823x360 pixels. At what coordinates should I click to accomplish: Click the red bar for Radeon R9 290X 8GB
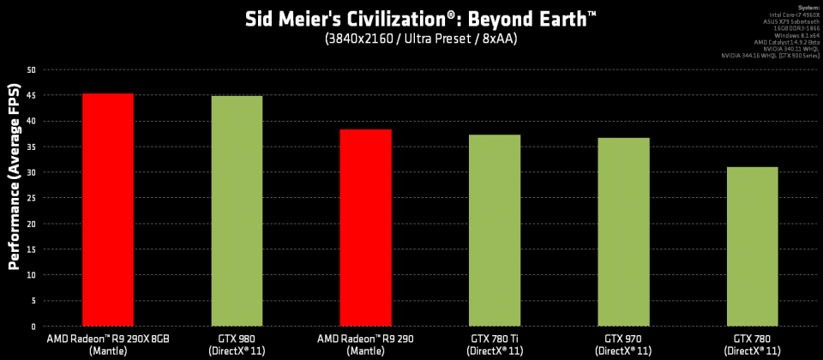(107, 210)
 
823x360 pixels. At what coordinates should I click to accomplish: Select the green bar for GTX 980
(237, 211)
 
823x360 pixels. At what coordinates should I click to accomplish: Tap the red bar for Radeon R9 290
(365, 228)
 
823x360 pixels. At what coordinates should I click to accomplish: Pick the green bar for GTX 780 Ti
(495, 231)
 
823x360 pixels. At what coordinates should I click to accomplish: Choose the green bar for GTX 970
(623, 232)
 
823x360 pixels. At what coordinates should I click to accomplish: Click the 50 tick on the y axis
(32, 69)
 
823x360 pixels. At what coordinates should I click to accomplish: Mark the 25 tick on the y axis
(32, 198)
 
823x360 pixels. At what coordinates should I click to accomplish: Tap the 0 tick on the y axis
(34, 327)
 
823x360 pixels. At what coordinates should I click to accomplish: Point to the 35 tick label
(32, 147)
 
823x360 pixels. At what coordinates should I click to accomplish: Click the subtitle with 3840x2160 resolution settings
(411, 39)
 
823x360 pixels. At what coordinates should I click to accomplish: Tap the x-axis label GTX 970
(623, 339)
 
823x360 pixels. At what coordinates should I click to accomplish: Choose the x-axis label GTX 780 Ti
(495, 339)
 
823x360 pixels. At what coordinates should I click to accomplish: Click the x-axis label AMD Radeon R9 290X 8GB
(108, 339)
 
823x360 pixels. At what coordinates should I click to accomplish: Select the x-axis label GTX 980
(237, 339)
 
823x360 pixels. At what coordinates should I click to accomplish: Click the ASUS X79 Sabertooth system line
(793, 21)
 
